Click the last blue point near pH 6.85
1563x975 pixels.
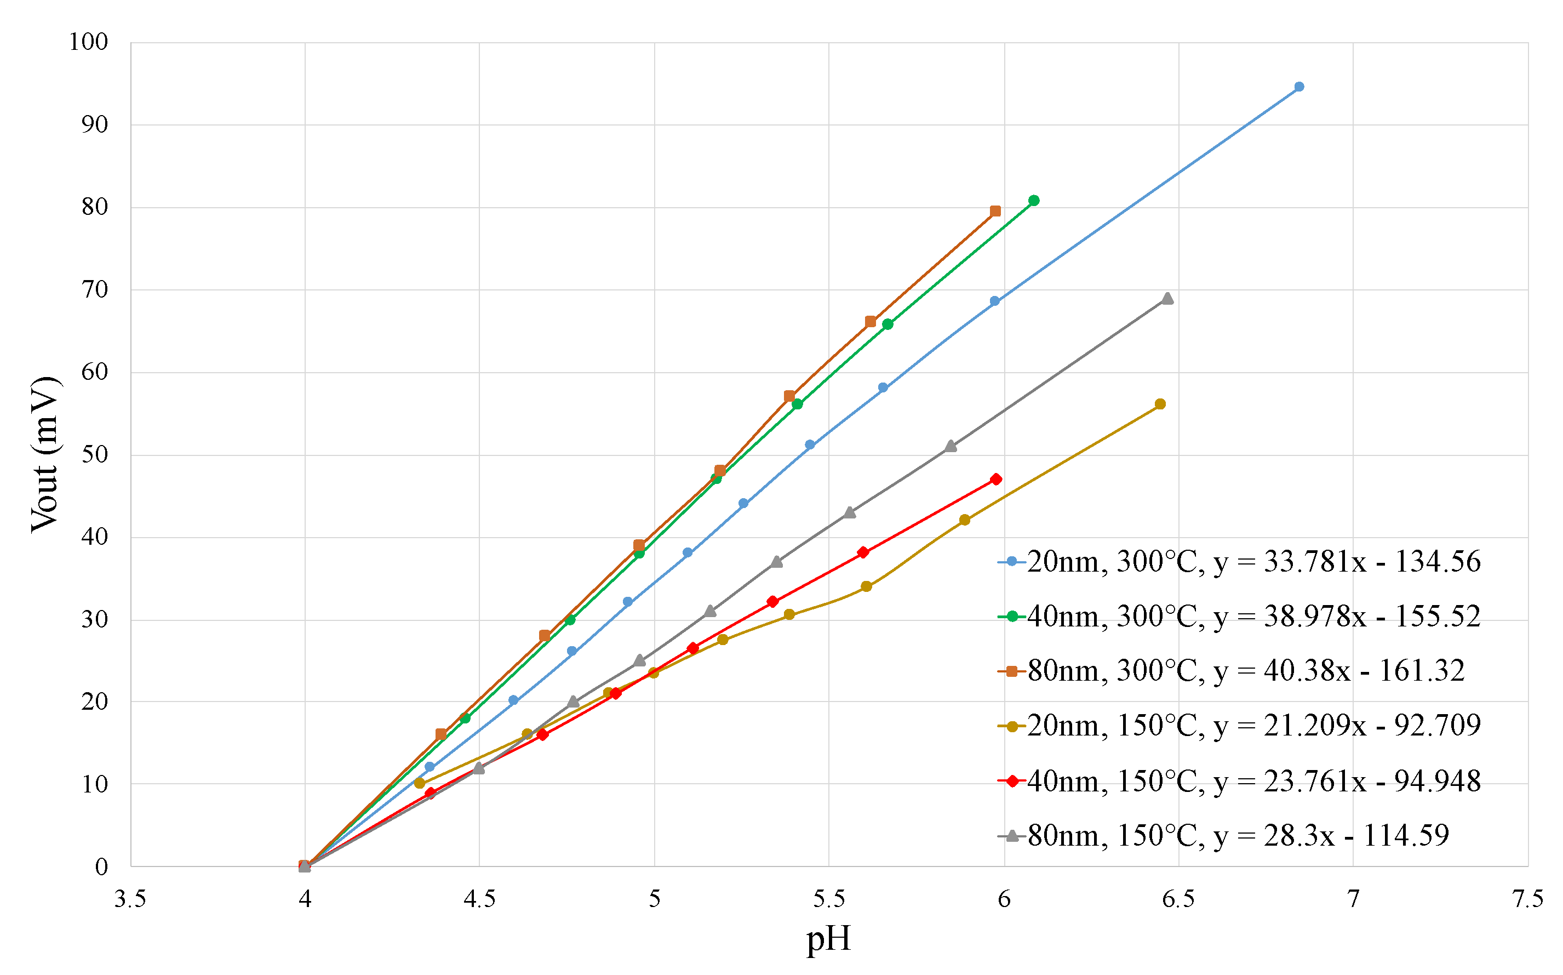point(1299,87)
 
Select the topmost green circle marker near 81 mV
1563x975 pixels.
point(1034,201)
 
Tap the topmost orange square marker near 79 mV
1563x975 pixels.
point(995,211)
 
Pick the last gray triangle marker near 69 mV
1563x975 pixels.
point(1167,299)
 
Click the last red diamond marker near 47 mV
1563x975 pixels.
point(996,479)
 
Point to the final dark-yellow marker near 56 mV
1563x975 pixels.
point(1160,404)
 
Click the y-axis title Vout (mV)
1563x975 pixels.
point(45,454)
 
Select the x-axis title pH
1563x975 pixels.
point(828,939)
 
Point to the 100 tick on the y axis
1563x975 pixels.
point(88,43)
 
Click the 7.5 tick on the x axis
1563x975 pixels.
point(1527,899)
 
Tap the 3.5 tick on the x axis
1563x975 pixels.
point(130,899)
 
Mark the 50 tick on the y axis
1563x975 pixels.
point(94,454)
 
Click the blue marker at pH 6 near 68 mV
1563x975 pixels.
point(994,301)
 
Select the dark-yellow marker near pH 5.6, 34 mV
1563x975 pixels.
point(866,586)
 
